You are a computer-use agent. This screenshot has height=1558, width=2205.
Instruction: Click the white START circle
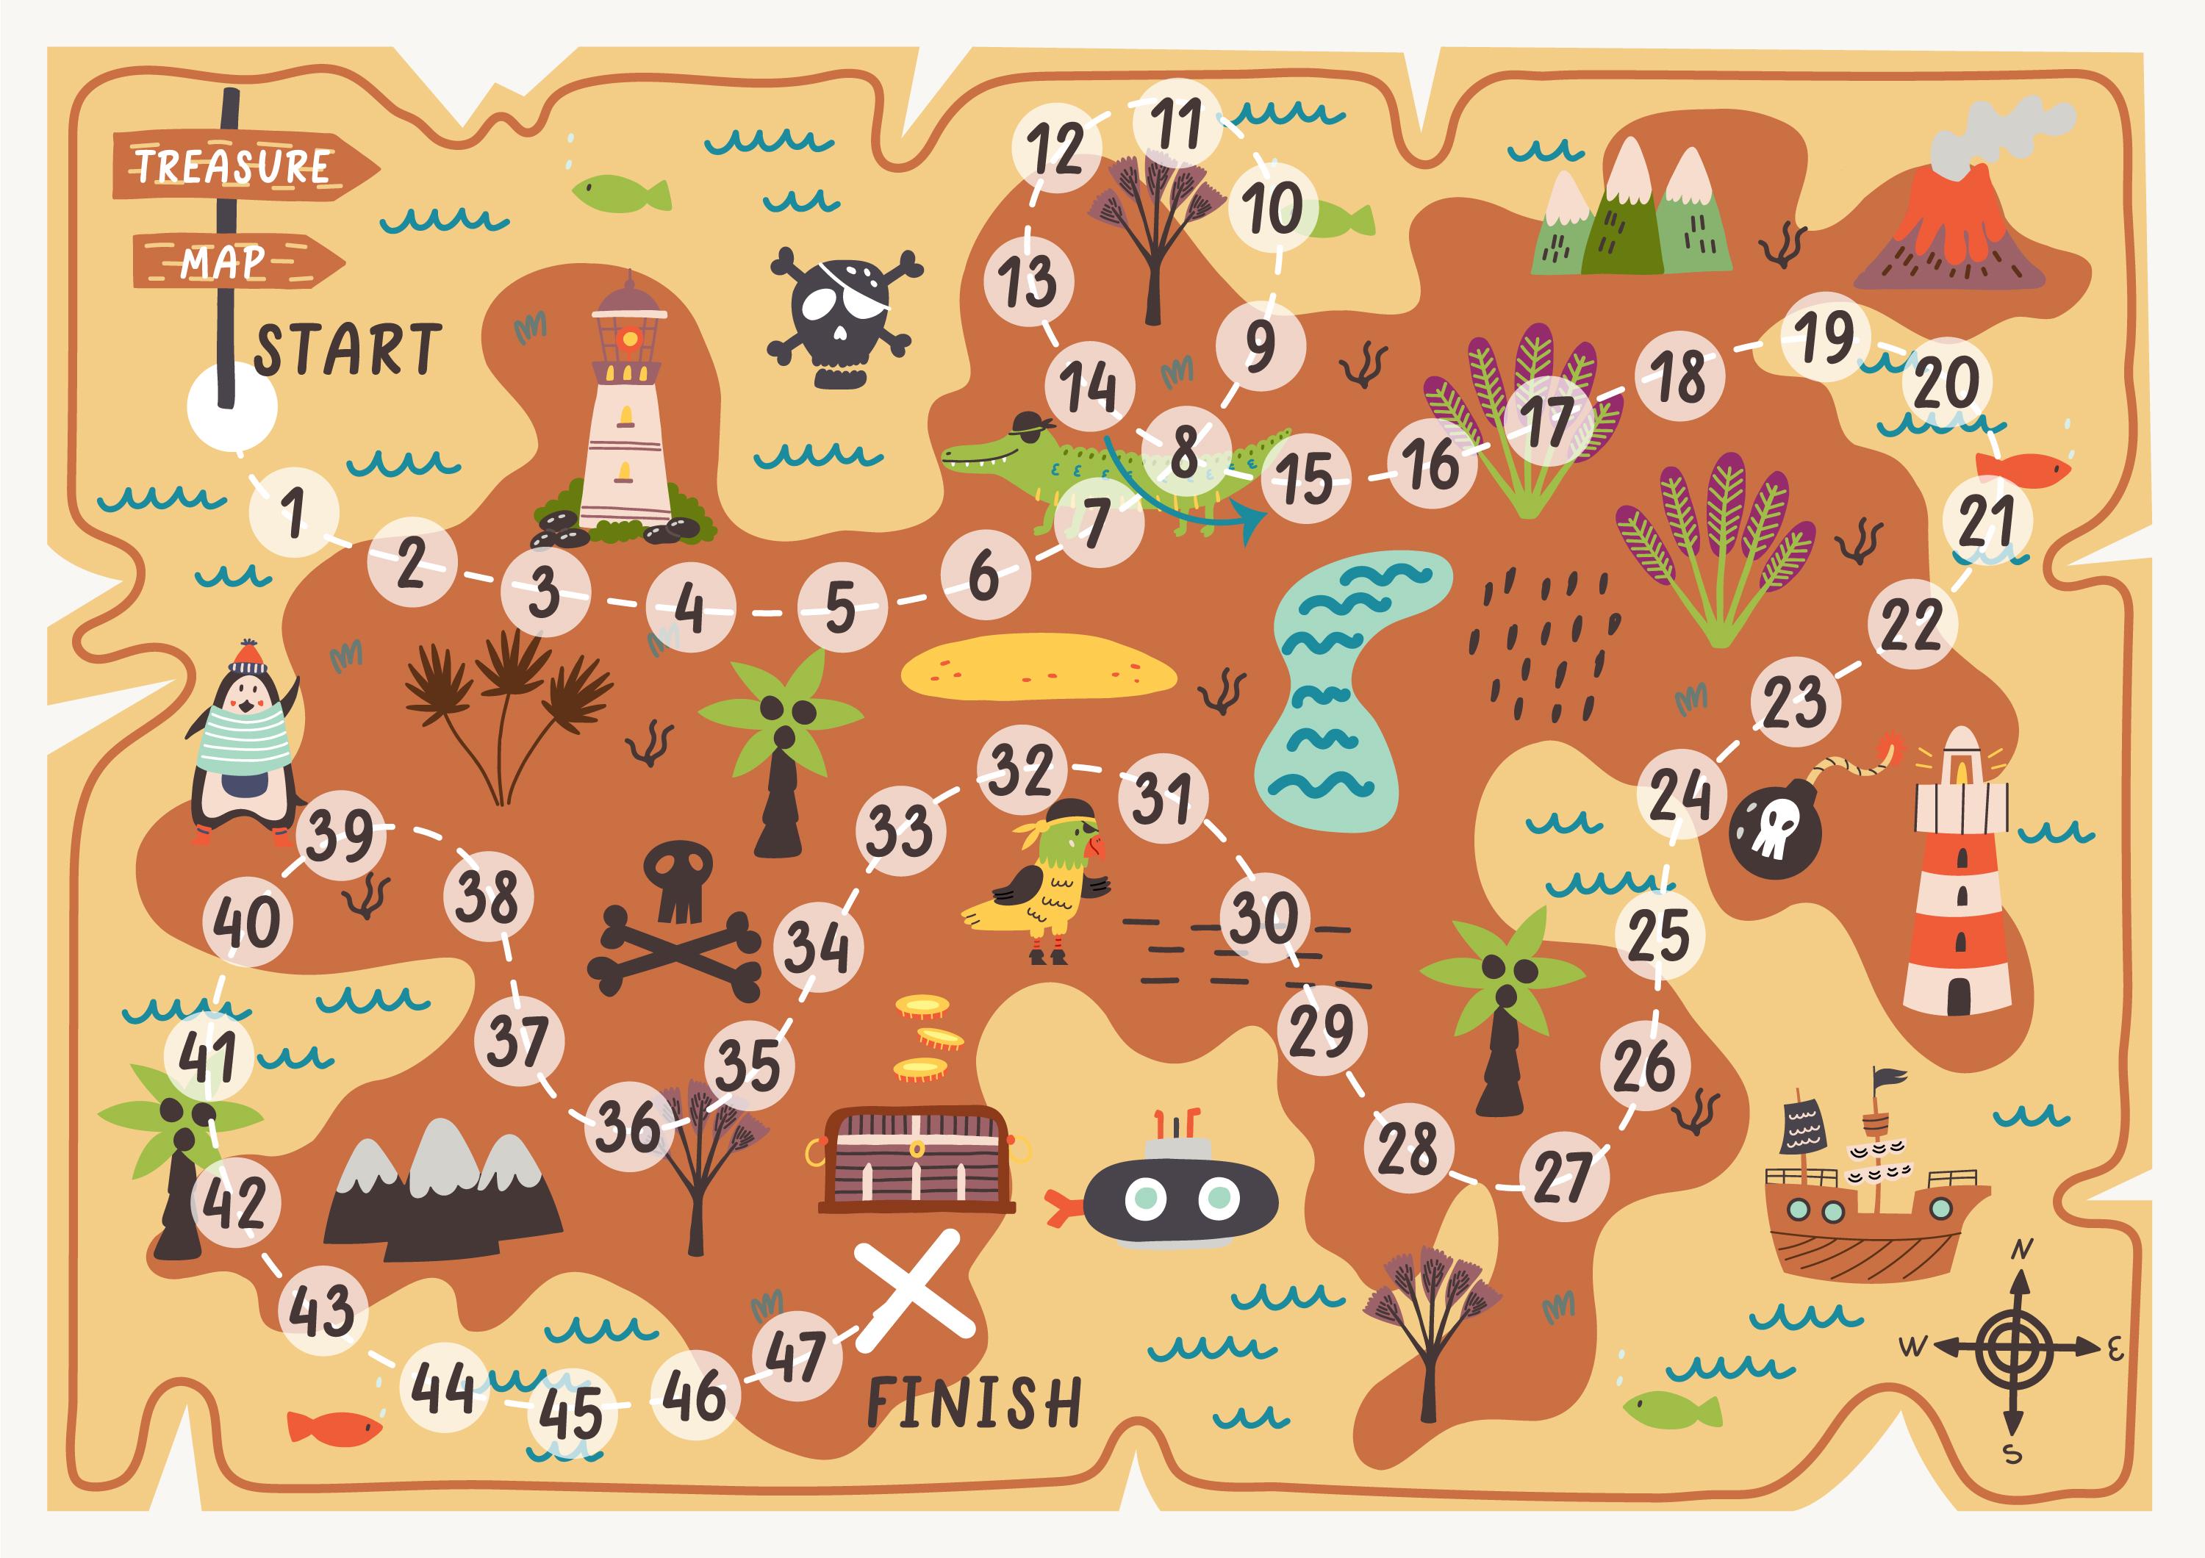tap(232, 409)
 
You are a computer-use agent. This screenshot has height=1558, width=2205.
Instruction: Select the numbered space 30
tap(1265, 919)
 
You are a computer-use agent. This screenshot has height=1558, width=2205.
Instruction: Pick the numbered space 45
tap(571, 1412)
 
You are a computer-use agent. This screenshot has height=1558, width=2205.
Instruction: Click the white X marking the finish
tap(914, 1289)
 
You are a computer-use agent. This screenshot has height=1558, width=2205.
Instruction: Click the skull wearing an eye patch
tap(842, 317)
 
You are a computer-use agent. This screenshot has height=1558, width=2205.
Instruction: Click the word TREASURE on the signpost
tap(234, 166)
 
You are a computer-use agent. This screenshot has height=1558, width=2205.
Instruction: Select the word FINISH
tap(974, 1402)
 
